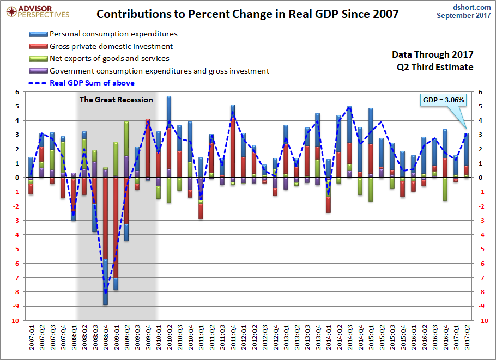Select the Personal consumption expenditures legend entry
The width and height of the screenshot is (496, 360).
113,34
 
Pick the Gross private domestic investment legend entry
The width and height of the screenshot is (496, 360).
111,47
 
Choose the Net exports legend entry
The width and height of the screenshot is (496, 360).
109,59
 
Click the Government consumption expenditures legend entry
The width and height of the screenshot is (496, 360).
159,71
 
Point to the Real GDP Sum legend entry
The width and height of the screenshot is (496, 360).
92,83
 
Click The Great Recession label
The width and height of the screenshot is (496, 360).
116,100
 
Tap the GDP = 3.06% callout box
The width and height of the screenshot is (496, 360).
443,100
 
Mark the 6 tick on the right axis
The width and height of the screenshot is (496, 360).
480,92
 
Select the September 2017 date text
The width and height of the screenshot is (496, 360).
464,16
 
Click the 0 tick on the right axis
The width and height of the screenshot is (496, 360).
480,178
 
